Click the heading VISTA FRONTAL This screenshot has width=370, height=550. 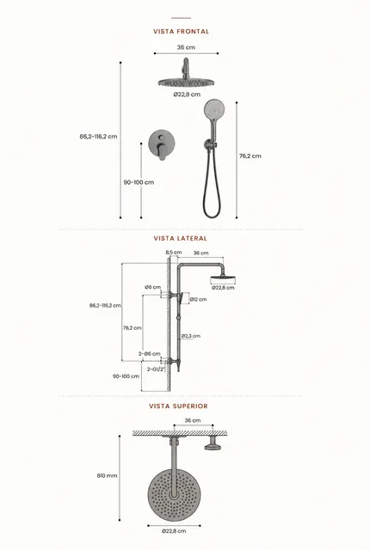(x=182, y=32)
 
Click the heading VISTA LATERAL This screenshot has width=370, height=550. (x=181, y=239)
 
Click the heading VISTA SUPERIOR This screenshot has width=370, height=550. (x=178, y=406)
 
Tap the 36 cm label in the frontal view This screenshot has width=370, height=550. (x=186, y=47)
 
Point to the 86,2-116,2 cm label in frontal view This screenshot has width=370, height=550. (x=98, y=137)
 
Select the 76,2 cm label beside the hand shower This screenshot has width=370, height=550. (x=250, y=156)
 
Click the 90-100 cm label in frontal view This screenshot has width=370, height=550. (x=139, y=182)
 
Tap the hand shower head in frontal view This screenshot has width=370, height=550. (x=213, y=109)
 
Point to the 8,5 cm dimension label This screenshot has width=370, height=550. (x=174, y=252)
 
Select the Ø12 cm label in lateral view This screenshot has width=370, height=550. (x=199, y=300)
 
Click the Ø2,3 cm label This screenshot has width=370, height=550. (x=191, y=336)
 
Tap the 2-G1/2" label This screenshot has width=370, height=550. (x=156, y=370)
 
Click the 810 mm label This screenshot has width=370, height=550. (x=107, y=476)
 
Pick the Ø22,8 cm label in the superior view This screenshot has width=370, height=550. (x=174, y=531)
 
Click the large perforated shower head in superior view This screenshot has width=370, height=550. (x=174, y=495)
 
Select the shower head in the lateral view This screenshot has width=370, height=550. (x=223, y=279)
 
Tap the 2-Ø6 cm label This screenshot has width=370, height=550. (x=149, y=353)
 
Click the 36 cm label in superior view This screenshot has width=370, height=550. (x=193, y=420)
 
